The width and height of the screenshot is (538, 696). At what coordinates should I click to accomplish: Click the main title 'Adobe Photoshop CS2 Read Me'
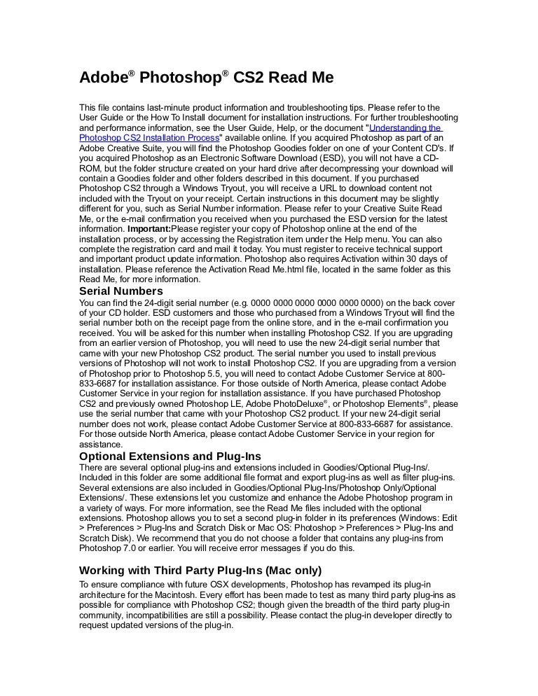pos(206,77)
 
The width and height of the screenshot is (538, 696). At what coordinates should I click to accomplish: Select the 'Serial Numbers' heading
pos(120,291)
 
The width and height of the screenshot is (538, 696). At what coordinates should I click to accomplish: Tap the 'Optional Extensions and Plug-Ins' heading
pos(170,457)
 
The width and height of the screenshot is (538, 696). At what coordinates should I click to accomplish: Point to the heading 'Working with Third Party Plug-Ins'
pos(200,569)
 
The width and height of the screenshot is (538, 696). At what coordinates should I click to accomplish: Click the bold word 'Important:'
pos(149,229)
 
